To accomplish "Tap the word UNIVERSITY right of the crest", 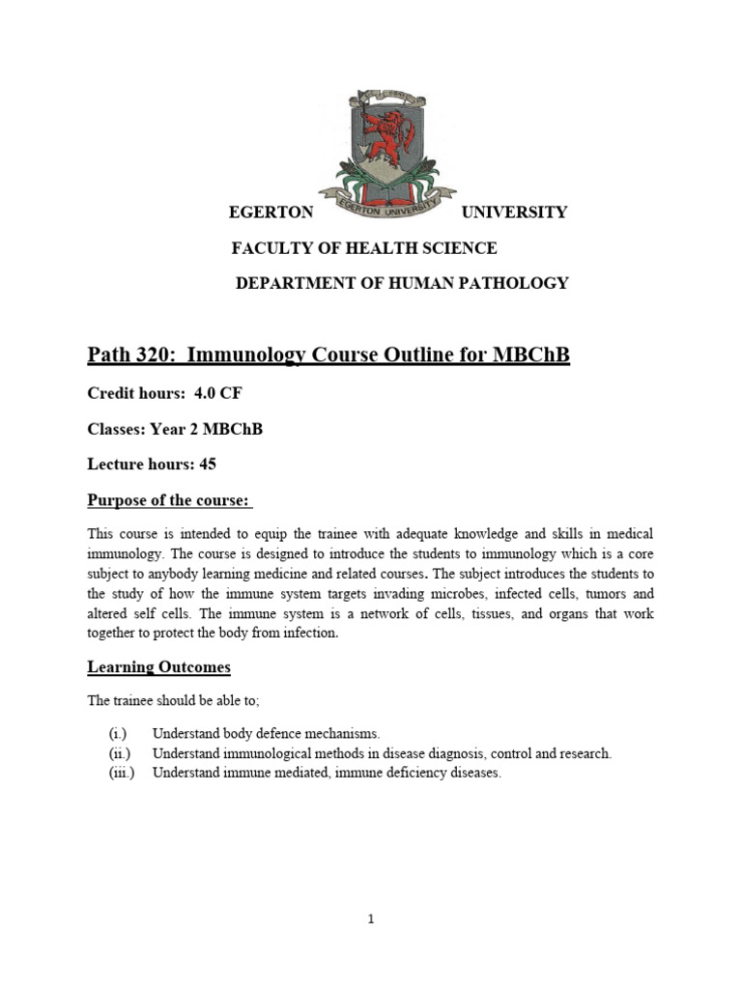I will pyautogui.click(x=515, y=212).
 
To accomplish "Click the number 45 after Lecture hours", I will pyautogui.click(x=208, y=464).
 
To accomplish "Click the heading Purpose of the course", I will pyautogui.click(x=169, y=499).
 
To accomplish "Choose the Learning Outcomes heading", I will pyautogui.click(x=159, y=667).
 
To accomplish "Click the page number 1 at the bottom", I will pyautogui.click(x=371, y=919).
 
